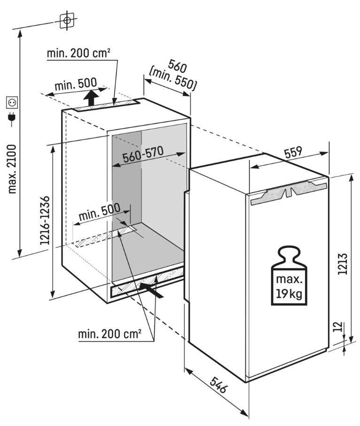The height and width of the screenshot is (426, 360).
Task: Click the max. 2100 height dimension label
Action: pos(12,169)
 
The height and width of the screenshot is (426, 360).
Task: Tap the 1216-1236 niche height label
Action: pos(45,220)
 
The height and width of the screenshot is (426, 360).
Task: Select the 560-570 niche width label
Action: pos(143,154)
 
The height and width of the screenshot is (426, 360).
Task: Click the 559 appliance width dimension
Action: pos(293,152)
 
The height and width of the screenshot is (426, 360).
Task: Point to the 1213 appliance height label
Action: pos(343,263)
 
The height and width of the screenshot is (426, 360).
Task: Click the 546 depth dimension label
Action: pos(218,385)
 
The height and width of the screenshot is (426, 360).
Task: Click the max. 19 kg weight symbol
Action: pos(289,276)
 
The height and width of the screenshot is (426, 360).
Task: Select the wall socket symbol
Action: pos(12,103)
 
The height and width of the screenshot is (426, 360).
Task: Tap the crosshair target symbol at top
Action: pos(67,20)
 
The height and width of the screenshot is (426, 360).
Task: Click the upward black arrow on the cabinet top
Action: pos(91,98)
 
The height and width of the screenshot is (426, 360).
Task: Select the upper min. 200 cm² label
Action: pos(78,53)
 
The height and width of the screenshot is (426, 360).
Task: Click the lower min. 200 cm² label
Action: pos(110,334)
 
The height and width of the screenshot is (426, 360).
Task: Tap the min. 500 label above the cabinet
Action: pos(76,84)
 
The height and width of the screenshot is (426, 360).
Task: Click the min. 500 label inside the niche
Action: pos(99,212)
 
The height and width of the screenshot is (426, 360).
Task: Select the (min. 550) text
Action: pos(172,79)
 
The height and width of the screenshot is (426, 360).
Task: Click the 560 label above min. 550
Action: pos(178,66)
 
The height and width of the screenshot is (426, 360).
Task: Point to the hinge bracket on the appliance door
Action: pos(289,191)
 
